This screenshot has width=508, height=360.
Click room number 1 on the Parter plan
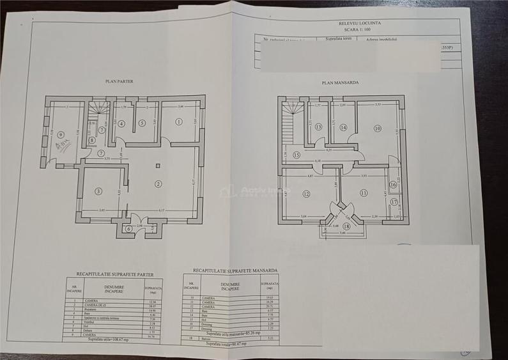coord(179,121)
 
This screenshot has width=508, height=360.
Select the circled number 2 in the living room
coord(158,184)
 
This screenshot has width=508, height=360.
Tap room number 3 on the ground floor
coord(98,191)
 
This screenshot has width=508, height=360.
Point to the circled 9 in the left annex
coord(61,135)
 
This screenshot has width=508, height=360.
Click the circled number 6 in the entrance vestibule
coord(142,122)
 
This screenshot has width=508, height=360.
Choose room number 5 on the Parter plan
coord(142,122)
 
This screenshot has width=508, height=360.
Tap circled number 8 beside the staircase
coord(92,140)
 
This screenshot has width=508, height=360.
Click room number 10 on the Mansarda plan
coord(378,128)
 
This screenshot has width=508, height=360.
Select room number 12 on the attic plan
coord(307,194)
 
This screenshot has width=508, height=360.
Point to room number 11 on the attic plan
coord(364,192)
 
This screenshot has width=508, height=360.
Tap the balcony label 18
coord(347,226)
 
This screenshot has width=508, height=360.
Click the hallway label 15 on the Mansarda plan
coord(296,155)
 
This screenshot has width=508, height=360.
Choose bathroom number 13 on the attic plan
coord(319,127)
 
